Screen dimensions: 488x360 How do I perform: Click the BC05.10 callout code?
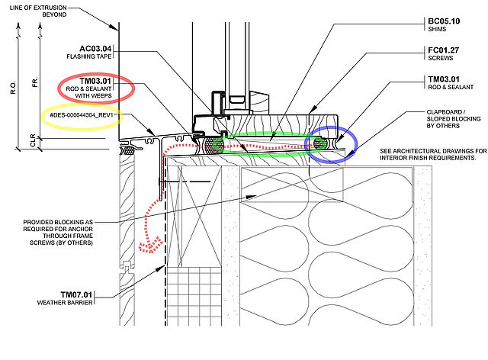point(444,21)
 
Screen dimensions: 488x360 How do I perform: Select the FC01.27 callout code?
point(444,50)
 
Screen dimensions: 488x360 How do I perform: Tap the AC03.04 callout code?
point(95,49)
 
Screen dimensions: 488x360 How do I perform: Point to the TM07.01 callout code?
point(76,294)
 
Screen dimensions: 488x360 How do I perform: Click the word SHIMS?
point(437,29)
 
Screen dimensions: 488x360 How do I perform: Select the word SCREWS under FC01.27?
point(441,58)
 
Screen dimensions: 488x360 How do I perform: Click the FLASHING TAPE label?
point(89,56)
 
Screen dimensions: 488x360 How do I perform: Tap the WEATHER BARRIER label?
point(65,302)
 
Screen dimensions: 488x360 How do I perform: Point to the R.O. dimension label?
point(13,88)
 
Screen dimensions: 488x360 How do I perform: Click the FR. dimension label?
point(35,82)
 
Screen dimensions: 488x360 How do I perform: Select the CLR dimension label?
point(34,141)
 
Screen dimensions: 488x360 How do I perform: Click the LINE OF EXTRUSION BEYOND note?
point(38,11)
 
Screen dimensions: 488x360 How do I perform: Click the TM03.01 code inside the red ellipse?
point(95,81)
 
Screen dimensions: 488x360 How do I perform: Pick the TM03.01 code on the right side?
point(444,79)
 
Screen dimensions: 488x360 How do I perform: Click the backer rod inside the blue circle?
point(319,143)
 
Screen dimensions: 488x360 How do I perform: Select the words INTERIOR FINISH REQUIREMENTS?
point(428,158)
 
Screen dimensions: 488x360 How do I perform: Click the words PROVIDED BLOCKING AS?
point(58,223)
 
